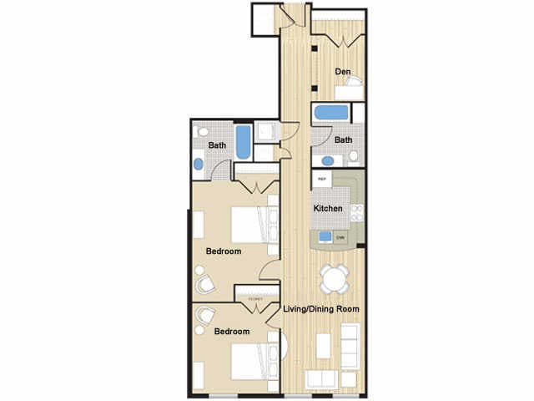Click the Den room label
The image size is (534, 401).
342,72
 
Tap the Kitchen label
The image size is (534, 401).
327,208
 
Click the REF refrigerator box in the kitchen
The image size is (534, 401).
322,178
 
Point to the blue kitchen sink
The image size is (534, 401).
325,236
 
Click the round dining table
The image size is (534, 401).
335,277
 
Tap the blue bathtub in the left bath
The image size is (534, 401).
242,142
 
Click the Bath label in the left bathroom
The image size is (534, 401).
217,145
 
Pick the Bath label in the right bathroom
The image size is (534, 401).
343,140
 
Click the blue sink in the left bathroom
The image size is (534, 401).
199,164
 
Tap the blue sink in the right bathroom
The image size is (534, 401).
324,159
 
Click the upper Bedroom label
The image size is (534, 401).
224,251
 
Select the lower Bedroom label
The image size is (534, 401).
232,332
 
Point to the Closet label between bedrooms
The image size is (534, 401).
255,299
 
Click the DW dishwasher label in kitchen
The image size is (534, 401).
340,238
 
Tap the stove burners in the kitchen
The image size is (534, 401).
357,212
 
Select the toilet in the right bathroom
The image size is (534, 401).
354,156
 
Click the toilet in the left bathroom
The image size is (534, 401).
202,132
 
